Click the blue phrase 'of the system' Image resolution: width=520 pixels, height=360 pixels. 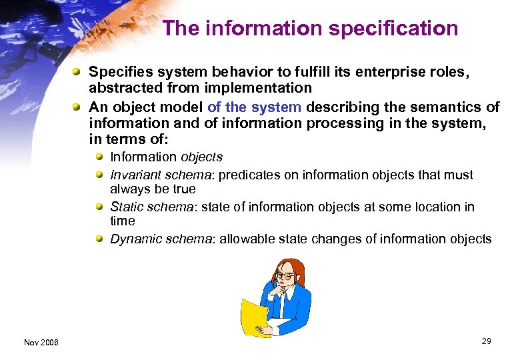(254, 107)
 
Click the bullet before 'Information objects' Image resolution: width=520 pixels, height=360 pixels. (100, 157)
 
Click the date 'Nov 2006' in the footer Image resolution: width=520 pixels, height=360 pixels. (41, 343)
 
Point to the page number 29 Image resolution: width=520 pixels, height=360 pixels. (486, 341)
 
